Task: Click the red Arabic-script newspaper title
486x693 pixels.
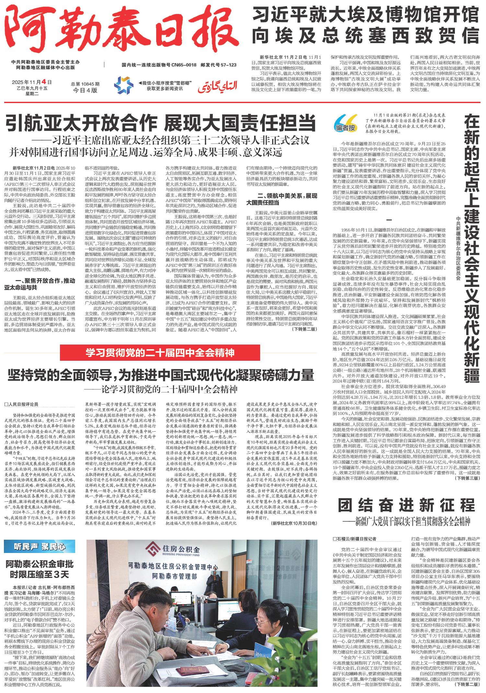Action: click(218, 86)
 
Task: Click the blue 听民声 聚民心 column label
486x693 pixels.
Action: click(39, 546)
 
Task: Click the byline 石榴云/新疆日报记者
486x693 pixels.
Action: click(355, 539)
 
